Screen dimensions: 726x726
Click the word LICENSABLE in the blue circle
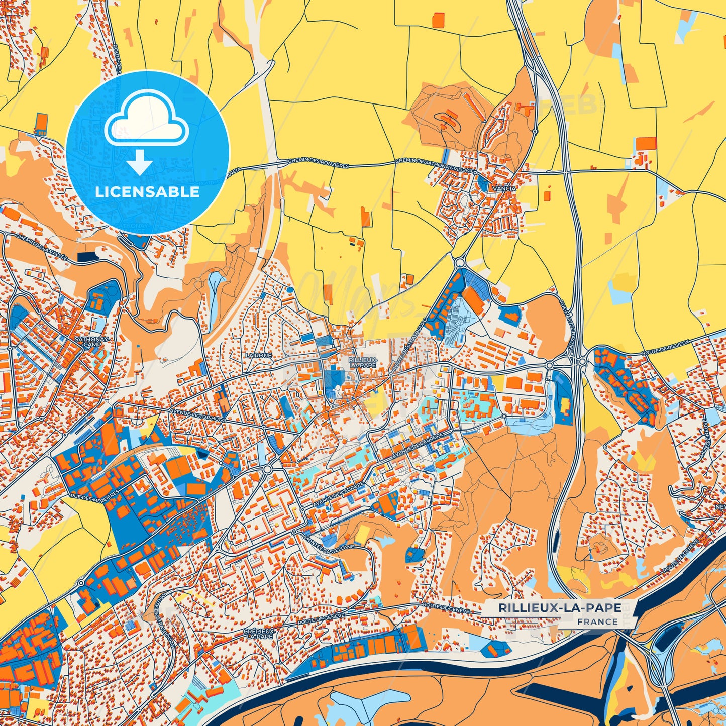click(147, 192)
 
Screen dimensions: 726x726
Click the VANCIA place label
click(504, 188)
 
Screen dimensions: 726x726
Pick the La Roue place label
click(258, 355)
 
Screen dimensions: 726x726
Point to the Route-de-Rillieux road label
click(666, 348)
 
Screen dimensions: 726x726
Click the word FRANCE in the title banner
click(597, 621)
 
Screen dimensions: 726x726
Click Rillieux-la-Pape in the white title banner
click(560, 608)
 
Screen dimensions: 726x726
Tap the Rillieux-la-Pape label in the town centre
click(362, 362)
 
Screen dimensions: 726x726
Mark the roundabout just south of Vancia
click(459, 262)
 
